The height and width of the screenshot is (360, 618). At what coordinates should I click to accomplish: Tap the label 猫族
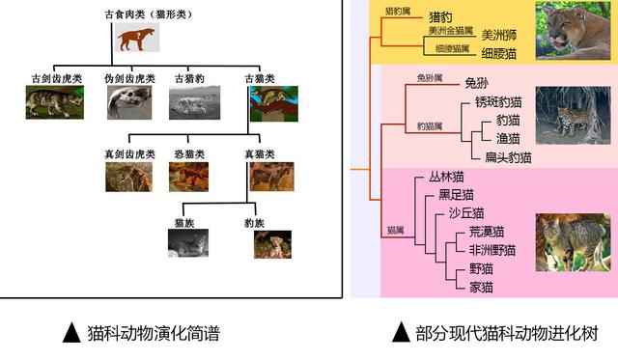[185, 223]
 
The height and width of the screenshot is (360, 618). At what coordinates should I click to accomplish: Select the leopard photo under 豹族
[272, 244]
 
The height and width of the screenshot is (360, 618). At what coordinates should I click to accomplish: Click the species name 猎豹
[442, 17]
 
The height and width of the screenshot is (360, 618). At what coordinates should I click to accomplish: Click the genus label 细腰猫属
[452, 48]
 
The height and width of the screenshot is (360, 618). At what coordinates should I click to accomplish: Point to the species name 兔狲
[477, 83]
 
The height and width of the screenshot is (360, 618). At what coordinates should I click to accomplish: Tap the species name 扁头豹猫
[508, 156]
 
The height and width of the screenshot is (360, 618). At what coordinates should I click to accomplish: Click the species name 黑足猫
[456, 194]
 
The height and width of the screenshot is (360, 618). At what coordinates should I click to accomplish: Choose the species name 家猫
[481, 287]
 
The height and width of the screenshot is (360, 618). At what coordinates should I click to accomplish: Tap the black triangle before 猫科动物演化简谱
[70, 334]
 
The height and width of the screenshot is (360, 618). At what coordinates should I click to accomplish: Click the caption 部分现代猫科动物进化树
[506, 334]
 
